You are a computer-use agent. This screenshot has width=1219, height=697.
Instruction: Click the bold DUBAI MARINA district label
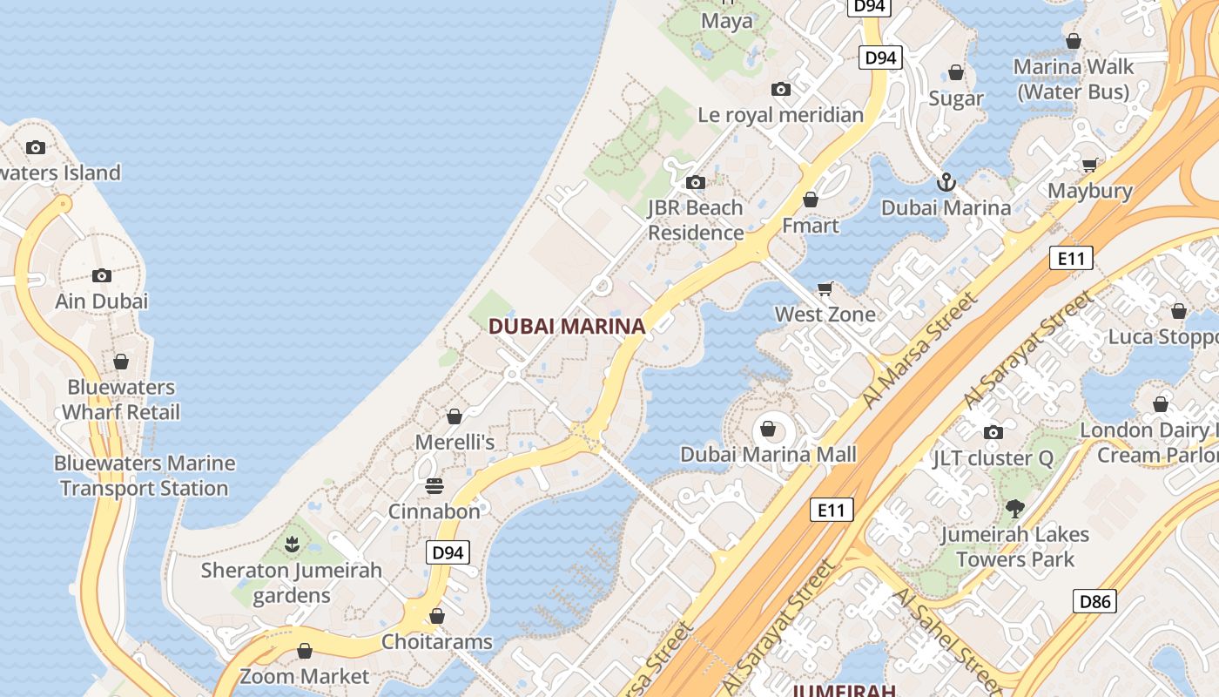coord(567,327)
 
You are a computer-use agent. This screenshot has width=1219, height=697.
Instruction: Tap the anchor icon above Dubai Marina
coord(946,182)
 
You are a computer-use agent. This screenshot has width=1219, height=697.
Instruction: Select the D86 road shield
coord(1094,600)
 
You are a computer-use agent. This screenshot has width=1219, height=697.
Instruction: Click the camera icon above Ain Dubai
coord(102,275)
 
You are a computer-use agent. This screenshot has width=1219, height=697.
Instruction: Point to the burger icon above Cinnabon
coord(434,486)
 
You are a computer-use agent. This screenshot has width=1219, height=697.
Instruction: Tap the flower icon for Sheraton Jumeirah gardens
coord(292,545)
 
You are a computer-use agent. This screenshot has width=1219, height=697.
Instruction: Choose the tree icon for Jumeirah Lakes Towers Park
coord(1014,508)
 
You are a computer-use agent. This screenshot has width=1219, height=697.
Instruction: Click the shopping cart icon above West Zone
coord(825,288)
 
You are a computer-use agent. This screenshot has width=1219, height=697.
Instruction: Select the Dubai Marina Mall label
coord(768,454)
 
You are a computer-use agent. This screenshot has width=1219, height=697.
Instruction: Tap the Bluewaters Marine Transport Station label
coord(145,476)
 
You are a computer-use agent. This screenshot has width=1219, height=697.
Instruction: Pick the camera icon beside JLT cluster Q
coord(993,432)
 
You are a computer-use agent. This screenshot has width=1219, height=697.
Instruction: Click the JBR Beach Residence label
coord(695,220)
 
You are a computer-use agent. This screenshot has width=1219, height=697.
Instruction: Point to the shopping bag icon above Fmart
coord(811,200)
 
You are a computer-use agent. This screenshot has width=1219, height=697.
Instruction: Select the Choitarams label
coord(437,642)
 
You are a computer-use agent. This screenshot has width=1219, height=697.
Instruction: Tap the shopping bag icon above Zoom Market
coord(305,651)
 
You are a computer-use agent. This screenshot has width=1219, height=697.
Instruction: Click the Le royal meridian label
coord(781,115)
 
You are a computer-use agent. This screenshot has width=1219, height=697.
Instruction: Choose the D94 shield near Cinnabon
coord(448,552)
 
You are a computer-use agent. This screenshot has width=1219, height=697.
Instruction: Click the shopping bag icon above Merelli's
coord(454,416)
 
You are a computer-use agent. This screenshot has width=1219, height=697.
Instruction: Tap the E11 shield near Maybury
coord(1070,258)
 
